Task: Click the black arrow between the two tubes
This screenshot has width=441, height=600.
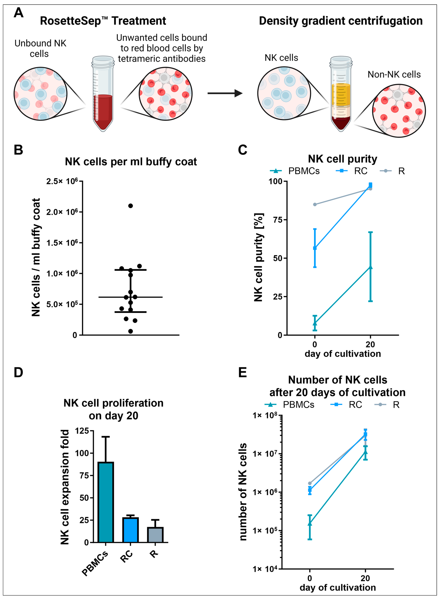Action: [x=225, y=93]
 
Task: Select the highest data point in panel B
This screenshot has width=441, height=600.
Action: [x=131, y=206]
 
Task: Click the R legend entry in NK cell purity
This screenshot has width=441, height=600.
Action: [x=392, y=171]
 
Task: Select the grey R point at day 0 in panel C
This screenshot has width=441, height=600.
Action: [x=315, y=205]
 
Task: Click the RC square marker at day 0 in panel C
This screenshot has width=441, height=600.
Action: [x=315, y=248]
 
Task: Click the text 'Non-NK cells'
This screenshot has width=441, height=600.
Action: [x=394, y=75]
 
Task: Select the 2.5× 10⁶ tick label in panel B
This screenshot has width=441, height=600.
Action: [x=62, y=181]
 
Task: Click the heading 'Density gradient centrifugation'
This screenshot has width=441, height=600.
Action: [x=341, y=21]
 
